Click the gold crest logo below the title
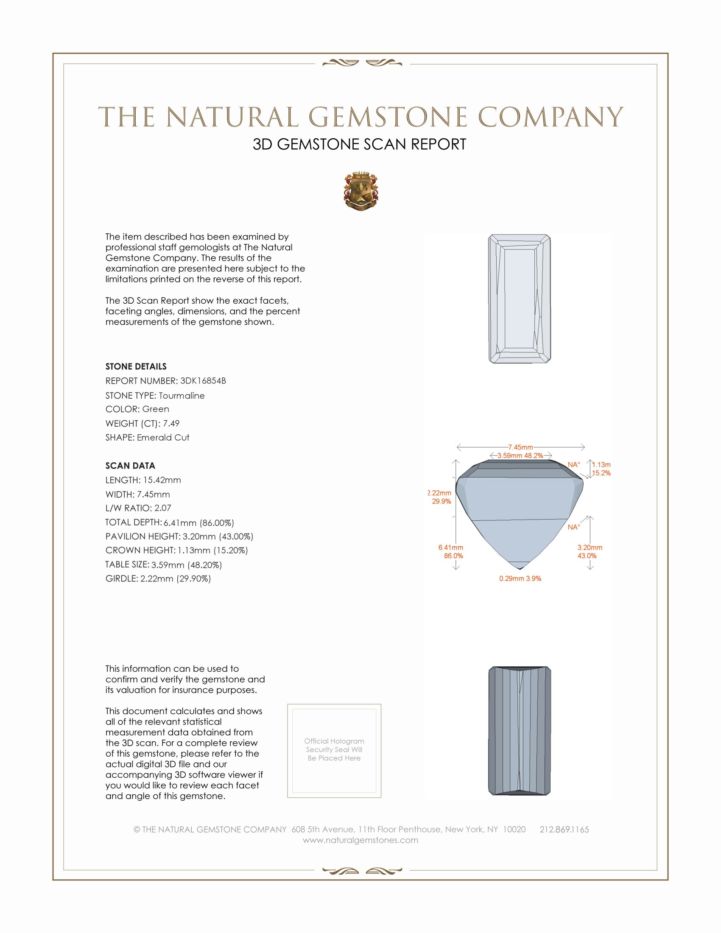click(360, 191)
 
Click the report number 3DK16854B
click(203, 381)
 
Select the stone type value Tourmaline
click(182, 396)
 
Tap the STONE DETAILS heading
click(136, 366)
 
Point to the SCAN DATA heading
click(130, 466)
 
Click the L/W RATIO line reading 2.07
click(138, 508)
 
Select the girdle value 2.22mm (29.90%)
click(176, 578)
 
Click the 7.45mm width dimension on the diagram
click(520, 447)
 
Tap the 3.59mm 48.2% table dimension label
click(520, 455)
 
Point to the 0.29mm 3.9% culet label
click(520, 578)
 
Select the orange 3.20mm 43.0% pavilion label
click(590, 551)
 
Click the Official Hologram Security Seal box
click(334, 751)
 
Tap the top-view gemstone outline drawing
click(519, 299)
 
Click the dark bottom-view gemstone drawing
click(519, 731)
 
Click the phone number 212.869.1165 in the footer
click(564, 829)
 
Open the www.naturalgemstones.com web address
click(360, 840)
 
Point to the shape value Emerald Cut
click(163, 438)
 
